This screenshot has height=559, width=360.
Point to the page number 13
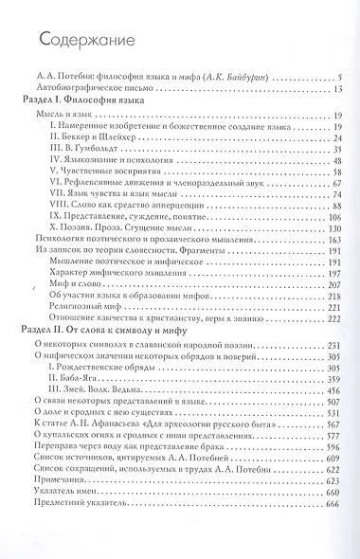[337, 87]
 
